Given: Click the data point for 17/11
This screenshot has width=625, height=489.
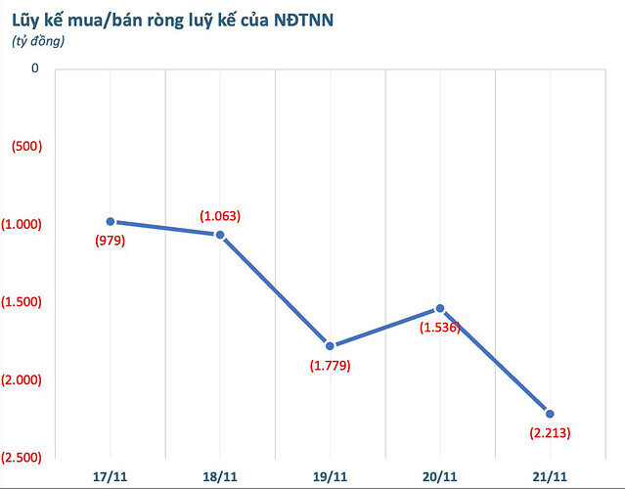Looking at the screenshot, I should click(x=111, y=222).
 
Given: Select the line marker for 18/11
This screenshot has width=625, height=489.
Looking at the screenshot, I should click(x=220, y=235).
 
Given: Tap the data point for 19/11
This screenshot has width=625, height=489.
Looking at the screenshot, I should click(x=330, y=345).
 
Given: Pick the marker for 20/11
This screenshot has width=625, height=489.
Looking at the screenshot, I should click(x=440, y=308).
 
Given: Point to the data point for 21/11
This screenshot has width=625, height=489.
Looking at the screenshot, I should click(x=550, y=414).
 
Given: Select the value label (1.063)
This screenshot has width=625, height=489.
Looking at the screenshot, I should click(x=219, y=215).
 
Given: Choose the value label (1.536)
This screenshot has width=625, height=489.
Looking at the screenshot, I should click(x=440, y=328).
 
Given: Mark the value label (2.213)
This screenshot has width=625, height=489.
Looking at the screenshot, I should click(x=550, y=432).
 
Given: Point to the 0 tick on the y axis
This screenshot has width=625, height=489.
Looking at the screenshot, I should click(x=35, y=68).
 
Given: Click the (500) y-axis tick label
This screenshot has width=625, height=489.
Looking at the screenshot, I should click(x=22, y=147).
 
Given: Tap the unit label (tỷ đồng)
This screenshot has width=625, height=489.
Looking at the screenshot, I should click(x=39, y=40).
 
